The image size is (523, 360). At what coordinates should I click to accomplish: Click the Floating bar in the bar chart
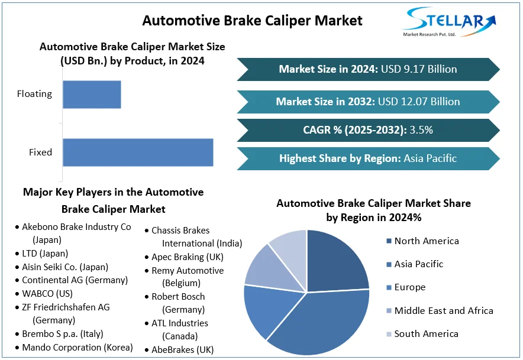pyautogui.click(x=92, y=95)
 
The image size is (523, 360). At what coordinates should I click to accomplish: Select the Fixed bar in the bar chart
pyautogui.click(x=138, y=153)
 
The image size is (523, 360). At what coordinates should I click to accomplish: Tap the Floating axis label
pyautogui.click(x=34, y=94)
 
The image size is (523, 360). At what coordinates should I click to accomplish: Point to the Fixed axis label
pyautogui.click(x=41, y=153)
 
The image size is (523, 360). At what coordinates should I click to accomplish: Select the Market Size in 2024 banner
pyautogui.click(x=367, y=69)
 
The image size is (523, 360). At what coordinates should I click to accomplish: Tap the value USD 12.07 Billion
pyautogui.click(x=421, y=102)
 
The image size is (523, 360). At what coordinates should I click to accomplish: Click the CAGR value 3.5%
pyautogui.click(x=421, y=130)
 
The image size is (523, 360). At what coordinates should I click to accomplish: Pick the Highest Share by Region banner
pyautogui.click(x=367, y=158)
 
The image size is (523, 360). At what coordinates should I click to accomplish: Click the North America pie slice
pyautogui.click(x=338, y=260)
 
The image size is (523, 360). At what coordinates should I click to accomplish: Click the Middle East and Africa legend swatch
pyautogui.click(x=388, y=311)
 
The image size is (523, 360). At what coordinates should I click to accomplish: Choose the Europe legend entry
pyautogui.click(x=409, y=287)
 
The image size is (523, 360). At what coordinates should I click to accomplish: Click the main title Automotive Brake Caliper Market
pyautogui.click(x=252, y=20)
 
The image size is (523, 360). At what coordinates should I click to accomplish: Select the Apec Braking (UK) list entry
pyautogui.click(x=188, y=257)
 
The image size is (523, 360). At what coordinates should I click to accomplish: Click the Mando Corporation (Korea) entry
pyautogui.click(x=78, y=348)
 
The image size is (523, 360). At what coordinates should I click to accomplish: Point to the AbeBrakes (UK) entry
pyautogui.click(x=182, y=349)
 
